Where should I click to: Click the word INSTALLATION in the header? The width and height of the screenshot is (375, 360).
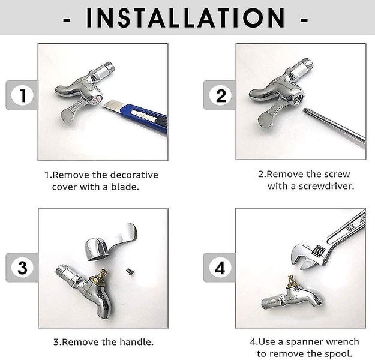185,18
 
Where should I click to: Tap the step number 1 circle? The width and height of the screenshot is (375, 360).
22,95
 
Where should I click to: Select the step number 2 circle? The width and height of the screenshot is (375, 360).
220,95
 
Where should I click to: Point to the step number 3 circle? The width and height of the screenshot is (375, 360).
22,268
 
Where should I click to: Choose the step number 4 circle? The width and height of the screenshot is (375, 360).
220,268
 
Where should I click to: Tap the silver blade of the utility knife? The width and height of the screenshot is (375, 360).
113,106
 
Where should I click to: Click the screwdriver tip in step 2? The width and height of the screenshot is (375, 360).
306,110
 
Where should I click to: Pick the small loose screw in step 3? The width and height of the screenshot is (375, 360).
130,271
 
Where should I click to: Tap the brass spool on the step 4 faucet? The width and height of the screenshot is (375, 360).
291,283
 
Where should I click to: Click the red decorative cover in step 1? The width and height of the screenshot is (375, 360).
97,100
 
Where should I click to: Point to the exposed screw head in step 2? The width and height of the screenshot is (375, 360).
298,97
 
